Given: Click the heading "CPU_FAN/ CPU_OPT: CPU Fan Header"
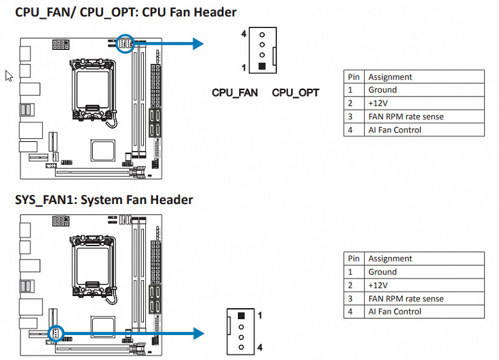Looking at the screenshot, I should (x=125, y=12).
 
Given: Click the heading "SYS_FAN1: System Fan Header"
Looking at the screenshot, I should (x=104, y=200).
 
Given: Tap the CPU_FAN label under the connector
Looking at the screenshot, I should (x=235, y=93).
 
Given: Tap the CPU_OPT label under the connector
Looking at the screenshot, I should (x=295, y=93).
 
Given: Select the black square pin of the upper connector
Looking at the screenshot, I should (x=261, y=67).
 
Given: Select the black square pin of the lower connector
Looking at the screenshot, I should (x=241, y=315).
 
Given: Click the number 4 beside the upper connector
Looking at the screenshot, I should (x=244, y=33).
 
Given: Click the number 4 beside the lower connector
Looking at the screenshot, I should (x=259, y=347).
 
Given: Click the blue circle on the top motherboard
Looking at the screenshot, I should (x=127, y=43).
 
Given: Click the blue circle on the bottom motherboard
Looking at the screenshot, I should (x=56, y=333).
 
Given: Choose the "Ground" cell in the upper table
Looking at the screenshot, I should (x=383, y=90).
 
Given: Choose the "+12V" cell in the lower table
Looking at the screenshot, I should (x=379, y=285).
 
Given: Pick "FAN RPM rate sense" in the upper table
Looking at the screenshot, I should (x=406, y=116).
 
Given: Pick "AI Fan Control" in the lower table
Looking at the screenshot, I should (x=395, y=311).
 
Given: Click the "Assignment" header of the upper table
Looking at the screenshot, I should (x=390, y=77).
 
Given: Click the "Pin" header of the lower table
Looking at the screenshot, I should (x=353, y=258).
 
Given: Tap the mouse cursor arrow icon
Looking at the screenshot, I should (x=8, y=75).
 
